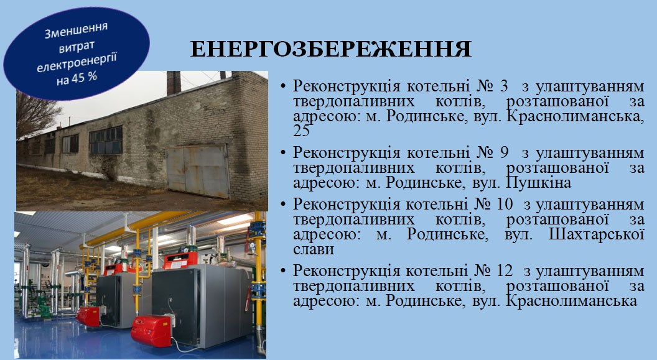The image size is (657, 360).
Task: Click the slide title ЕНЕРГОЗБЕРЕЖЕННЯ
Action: pyautogui.click(x=331, y=49)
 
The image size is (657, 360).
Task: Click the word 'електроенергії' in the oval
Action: pyautogui.click(x=77, y=62)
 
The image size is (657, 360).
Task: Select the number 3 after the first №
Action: pyautogui.click(x=504, y=86)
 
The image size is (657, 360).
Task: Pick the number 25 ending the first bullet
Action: pyautogui.click(x=301, y=131)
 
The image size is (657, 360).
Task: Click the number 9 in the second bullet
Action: pyautogui.click(x=504, y=153)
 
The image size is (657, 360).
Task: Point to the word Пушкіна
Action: pyautogui.click(x=539, y=183)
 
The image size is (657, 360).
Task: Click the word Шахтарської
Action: pyautogui.click(x=597, y=234)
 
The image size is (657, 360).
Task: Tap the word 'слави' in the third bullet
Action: pyautogui.click(x=314, y=249)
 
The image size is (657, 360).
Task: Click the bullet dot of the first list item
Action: pyautogui.click(x=283, y=86)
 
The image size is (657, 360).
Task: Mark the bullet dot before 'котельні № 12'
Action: pyautogui.click(x=283, y=271)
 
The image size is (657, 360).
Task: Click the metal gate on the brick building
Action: pyautogui.click(x=198, y=170)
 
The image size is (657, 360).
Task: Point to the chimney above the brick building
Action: pyautogui.click(x=174, y=83)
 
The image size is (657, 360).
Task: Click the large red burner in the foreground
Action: pyautogui.click(x=151, y=331)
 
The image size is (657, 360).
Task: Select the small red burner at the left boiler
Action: pyautogui.click(x=88, y=316)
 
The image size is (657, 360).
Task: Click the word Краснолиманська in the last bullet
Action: pyautogui.click(x=572, y=301)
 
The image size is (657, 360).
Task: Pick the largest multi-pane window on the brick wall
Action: pyautogui.click(x=106, y=141)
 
